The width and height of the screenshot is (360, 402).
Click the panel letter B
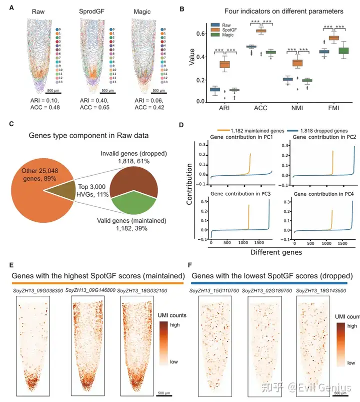pyautogui.click(x=182, y=8)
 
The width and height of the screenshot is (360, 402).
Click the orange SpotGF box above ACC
pyautogui.click(x=260, y=31)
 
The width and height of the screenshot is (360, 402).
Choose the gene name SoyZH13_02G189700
pyautogui.click(x=270, y=290)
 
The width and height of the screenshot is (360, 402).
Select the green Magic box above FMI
pyautogui.click(x=343, y=51)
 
